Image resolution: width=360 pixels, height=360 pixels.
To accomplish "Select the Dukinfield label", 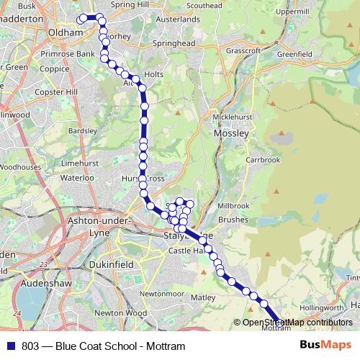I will point(111,265).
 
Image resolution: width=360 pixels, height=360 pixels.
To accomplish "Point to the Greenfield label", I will point(294,53).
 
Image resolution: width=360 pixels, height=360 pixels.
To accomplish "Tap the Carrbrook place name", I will point(262,160).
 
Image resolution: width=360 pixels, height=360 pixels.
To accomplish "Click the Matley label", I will point(204,297).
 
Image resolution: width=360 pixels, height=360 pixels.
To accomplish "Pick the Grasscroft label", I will point(243,51).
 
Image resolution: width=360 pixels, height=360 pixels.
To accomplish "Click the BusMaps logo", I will point(325,346).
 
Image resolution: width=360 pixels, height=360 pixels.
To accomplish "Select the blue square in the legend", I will point(10,346).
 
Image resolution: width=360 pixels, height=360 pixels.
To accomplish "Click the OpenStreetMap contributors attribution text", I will point(298,323).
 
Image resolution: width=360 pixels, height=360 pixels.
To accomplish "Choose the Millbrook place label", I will point(232,205).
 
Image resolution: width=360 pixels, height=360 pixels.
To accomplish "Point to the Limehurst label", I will point(79,163).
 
